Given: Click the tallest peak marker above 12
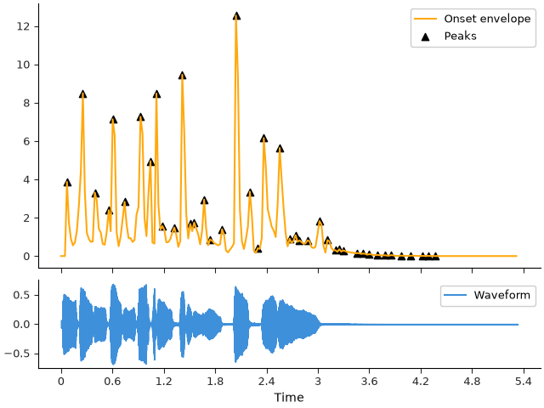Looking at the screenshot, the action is click(x=236, y=16).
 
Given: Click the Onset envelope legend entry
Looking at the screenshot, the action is click(x=473, y=19).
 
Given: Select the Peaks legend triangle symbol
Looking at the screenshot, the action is click(x=425, y=37).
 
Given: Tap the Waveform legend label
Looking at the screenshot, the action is click(x=502, y=295).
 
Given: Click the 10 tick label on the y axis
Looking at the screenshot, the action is click(x=23, y=65).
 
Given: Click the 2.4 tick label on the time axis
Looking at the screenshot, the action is click(x=266, y=382).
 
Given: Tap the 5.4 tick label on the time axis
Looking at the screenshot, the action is click(x=524, y=382).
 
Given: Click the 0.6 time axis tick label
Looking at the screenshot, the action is click(x=112, y=382).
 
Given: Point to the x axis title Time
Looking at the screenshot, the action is click(x=289, y=397).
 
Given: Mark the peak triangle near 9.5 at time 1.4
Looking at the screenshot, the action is click(x=182, y=76).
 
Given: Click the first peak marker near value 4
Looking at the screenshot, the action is click(x=68, y=183).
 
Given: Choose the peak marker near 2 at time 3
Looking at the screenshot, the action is click(x=320, y=222).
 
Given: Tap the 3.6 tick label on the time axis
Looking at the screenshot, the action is click(x=369, y=382).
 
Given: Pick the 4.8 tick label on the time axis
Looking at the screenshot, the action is click(x=472, y=382).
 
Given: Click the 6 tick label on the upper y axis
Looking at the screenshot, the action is click(x=26, y=142).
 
